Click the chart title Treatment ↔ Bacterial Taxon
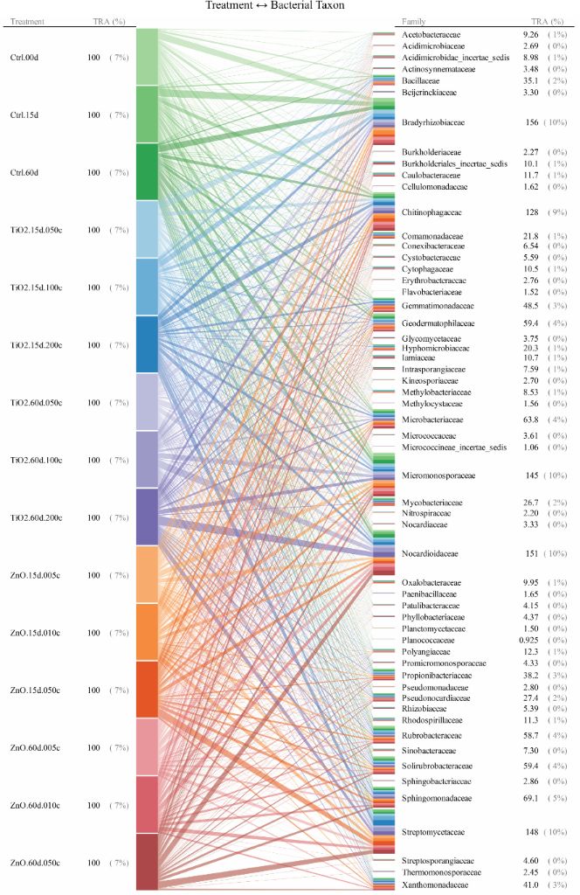click(274, 5)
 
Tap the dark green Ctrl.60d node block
click(147, 172)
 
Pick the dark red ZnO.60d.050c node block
click(147, 861)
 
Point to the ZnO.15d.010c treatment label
click(36, 632)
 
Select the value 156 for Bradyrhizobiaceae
click(526, 123)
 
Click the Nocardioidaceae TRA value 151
click(526, 553)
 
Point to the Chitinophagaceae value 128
click(526, 212)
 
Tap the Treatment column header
click(26, 20)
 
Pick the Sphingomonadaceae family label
click(436, 797)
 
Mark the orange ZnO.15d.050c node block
click(147, 689)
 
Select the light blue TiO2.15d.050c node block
click(147, 229)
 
